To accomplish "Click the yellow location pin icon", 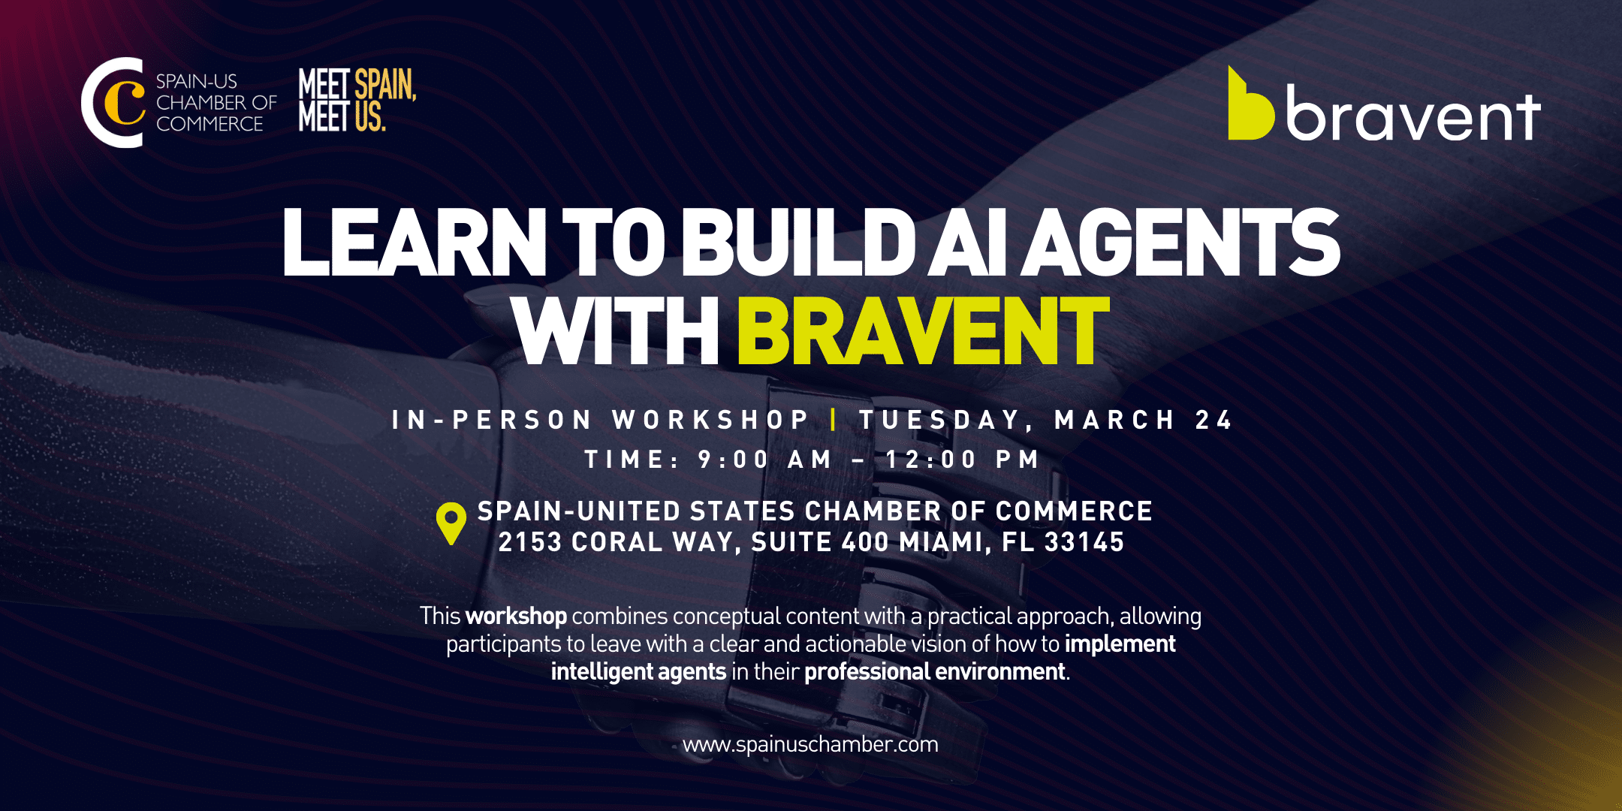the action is (451, 522).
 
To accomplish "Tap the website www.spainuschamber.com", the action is (810, 744).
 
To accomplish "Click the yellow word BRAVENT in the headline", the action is (924, 330).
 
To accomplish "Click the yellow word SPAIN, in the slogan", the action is (385, 84).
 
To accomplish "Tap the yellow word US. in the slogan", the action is (369, 116).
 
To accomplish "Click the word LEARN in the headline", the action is (415, 241).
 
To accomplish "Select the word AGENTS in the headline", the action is (1181, 241).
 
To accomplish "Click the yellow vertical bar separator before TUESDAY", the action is (834, 419).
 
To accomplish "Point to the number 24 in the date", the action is (1213, 420).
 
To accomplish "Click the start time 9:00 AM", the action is (764, 459).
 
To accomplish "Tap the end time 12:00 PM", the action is (963, 459).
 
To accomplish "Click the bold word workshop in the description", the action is (516, 616).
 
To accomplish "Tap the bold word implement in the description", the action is (1120, 644).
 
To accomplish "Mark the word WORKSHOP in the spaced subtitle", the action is (710, 420).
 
